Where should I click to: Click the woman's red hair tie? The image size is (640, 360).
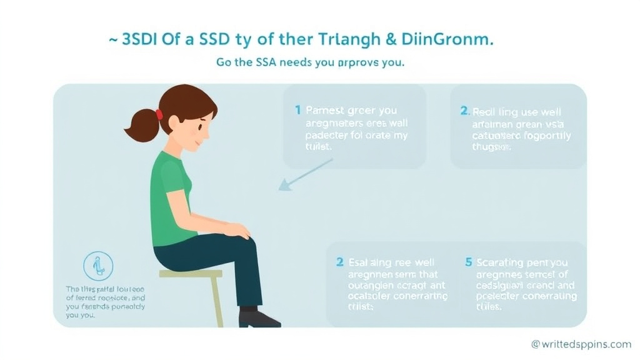coord(159,114)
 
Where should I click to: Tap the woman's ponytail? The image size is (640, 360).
coord(141,126)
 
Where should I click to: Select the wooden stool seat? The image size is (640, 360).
coord(191,274)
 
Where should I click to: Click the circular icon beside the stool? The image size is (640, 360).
coord(99,266)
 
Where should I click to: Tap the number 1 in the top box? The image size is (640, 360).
coord(298,111)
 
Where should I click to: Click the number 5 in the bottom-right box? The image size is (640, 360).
coord(469,262)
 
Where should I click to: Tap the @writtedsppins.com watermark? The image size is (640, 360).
coord(581,344)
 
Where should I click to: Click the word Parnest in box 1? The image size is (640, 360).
coord(327,111)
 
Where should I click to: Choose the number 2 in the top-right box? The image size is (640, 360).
coord(464,111)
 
